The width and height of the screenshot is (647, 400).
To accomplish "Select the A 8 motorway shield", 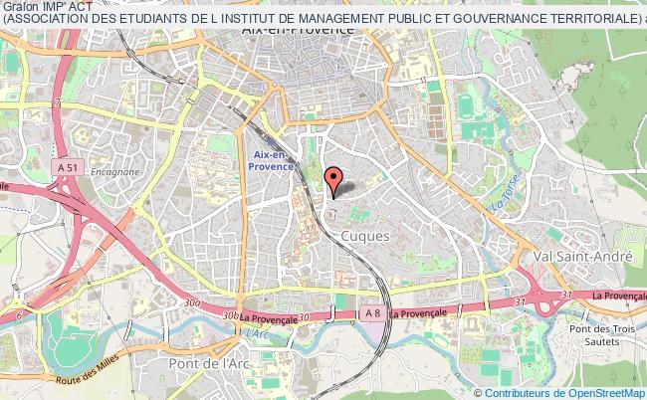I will (371, 313).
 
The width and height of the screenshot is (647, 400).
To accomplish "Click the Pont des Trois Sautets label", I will (595, 334).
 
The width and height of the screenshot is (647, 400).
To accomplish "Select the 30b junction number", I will (230, 315).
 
